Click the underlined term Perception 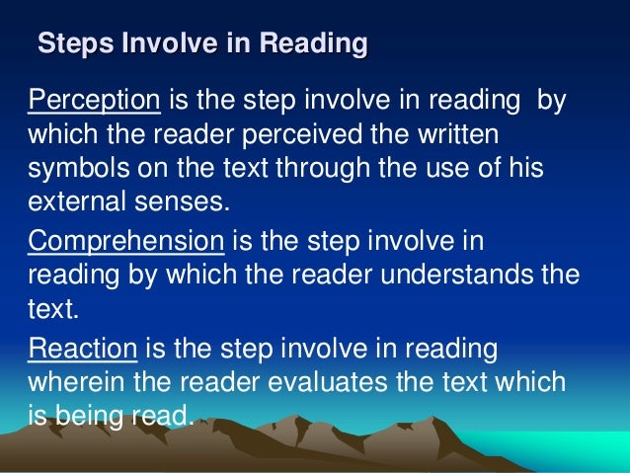click(x=94, y=101)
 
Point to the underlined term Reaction click(x=85, y=351)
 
